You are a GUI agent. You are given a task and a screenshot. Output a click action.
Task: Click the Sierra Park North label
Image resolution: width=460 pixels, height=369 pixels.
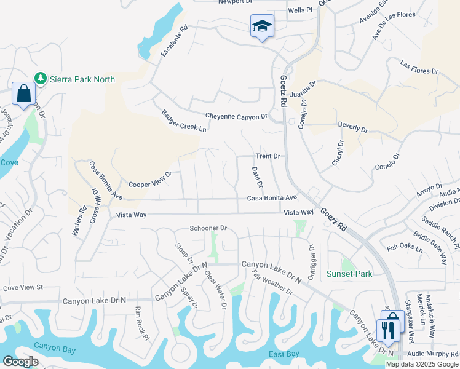[82, 79]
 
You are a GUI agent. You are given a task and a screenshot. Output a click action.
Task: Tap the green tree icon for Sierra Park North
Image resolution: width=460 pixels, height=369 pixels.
[41, 78]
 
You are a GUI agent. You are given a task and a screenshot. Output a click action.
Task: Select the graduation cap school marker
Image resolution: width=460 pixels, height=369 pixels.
[262, 26]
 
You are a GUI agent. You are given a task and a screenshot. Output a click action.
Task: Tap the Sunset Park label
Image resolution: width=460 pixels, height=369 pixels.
[349, 274]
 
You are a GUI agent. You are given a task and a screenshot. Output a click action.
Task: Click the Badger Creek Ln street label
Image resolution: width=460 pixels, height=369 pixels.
[183, 121]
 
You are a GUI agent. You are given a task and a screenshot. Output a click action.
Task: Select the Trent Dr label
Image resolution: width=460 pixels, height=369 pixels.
[268, 156]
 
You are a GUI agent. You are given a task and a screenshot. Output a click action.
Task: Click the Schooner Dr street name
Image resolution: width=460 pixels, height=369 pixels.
[208, 228]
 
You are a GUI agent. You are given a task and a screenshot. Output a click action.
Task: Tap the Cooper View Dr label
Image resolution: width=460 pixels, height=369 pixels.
[149, 179]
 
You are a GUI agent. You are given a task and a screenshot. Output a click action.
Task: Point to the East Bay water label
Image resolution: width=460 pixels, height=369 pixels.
[284, 354]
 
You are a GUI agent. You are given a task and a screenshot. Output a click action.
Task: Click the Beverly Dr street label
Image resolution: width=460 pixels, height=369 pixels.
[352, 130]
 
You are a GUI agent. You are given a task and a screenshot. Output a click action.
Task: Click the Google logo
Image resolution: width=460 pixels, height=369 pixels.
[20, 362]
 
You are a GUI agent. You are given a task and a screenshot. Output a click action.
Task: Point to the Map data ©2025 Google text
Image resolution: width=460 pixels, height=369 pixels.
[422, 364]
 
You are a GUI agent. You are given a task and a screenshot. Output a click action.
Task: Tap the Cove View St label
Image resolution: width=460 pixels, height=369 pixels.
[23, 287]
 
